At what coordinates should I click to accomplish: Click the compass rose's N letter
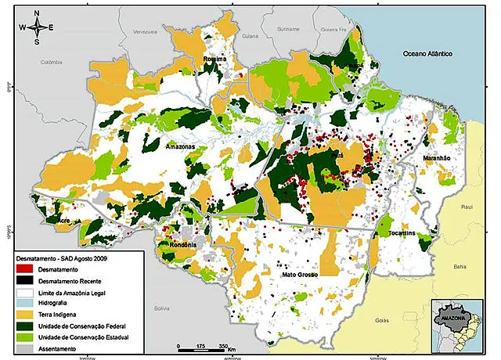[36, 13]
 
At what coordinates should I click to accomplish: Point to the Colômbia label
[46, 63]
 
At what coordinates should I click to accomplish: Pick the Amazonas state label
[180, 146]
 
